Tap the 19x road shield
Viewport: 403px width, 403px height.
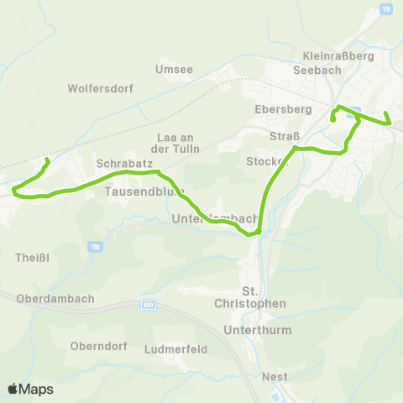click(x=95, y=248)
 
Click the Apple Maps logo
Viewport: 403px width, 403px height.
click(x=30, y=389)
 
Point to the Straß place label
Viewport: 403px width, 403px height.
click(x=280, y=137)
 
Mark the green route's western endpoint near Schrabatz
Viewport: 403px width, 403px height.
click(x=46, y=160)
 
